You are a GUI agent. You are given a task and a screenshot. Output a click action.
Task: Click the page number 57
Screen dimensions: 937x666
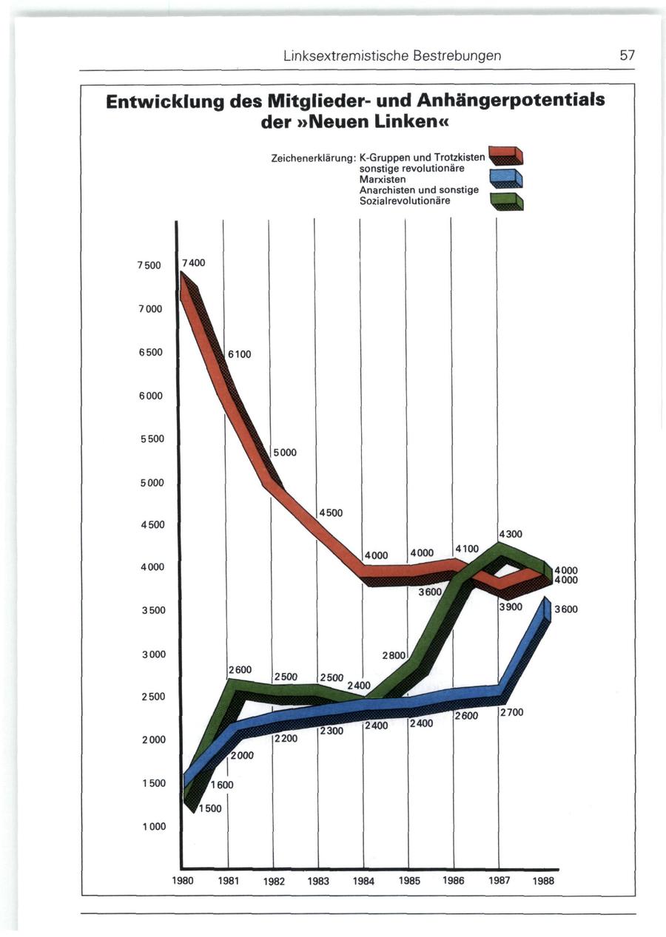[628, 55]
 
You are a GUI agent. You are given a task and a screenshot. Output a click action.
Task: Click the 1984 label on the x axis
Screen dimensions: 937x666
[363, 882]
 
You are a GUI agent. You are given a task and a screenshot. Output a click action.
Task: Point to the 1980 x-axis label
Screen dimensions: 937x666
[183, 881]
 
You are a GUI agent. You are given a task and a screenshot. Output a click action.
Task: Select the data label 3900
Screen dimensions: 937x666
[511, 606]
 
